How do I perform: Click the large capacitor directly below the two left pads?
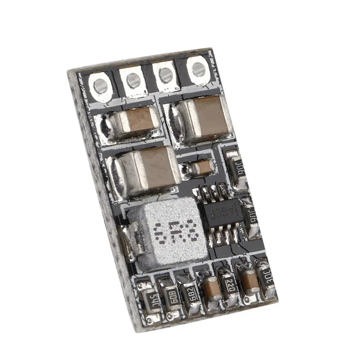tap(135, 124)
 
